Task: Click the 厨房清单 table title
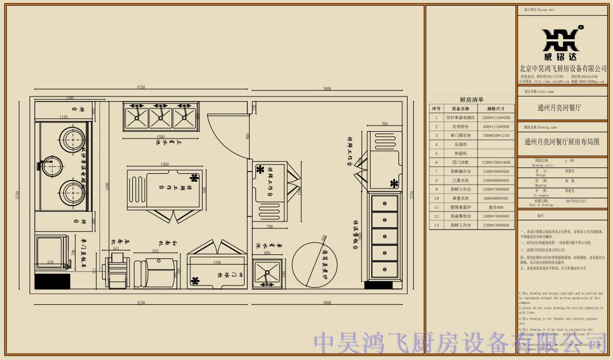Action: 471,99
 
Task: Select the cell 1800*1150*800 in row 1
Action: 494,118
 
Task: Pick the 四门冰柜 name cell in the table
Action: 460,162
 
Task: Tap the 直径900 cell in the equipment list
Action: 494,207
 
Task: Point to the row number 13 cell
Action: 436,225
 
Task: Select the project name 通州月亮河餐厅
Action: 559,107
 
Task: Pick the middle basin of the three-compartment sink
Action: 161,117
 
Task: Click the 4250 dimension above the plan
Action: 141,87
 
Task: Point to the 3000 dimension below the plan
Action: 327,303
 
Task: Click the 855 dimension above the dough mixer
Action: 155,250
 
